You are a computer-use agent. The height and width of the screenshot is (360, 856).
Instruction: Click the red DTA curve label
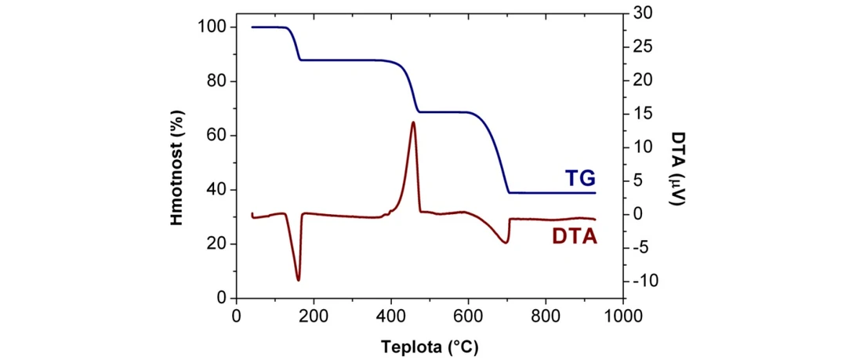[575, 235]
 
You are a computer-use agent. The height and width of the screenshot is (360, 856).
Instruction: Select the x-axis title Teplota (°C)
[430, 346]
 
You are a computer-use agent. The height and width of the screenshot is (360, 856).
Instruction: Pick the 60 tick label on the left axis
[216, 136]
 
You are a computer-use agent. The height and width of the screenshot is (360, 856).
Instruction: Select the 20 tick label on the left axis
[216, 244]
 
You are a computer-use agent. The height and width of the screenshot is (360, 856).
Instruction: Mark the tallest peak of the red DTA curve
[413, 122]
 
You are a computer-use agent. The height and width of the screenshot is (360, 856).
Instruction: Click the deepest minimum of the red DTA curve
[298, 279]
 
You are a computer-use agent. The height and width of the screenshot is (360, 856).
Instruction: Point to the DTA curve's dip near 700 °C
[505, 242]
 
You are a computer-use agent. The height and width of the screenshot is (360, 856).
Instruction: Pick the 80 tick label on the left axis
[216, 82]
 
